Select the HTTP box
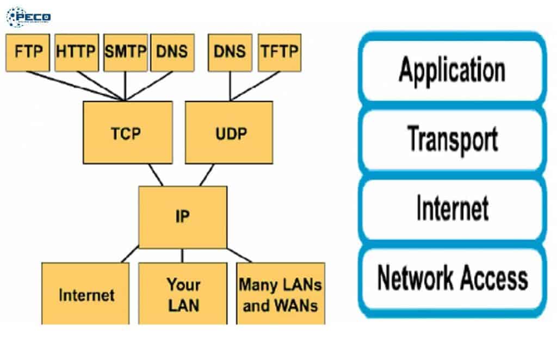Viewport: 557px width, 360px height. click(x=76, y=52)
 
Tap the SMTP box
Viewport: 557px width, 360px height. click(x=125, y=52)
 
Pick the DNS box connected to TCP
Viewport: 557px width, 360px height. click(x=172, y=52)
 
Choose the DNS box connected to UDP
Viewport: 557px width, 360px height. click(x=230, y=52)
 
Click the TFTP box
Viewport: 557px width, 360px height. click(x=279, y=52)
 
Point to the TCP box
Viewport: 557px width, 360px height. click(x=128, y=132)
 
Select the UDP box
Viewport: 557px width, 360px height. click(x=229, y=132)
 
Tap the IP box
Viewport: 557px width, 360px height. click(x=182, y=217)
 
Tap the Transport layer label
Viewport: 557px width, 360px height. click(x=451, y=139)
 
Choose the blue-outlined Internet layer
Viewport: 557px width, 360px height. click(x=451, y=209)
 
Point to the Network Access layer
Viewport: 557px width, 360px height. click(x=451, y=278)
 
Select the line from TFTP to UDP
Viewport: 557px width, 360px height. click(x=256, y=85)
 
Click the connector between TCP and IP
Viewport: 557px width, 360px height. click(x=156, y=175)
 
